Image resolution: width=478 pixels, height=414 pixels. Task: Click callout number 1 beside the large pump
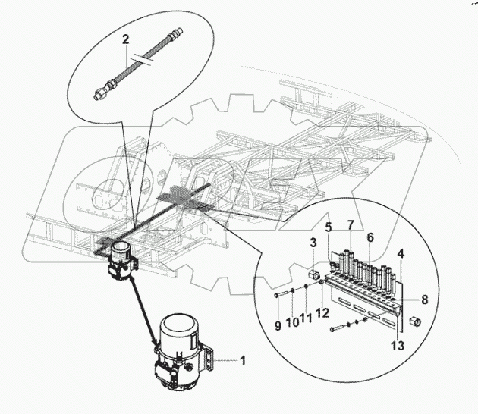pyautogui.click(x=243, y=360)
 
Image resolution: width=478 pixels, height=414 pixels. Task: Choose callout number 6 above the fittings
pyautogui.click(x=370, y=237)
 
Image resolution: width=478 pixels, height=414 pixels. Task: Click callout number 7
pyautogui.click(x=350, y=224)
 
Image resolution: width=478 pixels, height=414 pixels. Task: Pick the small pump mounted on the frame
pyautogui.click(x=120, y=261)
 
